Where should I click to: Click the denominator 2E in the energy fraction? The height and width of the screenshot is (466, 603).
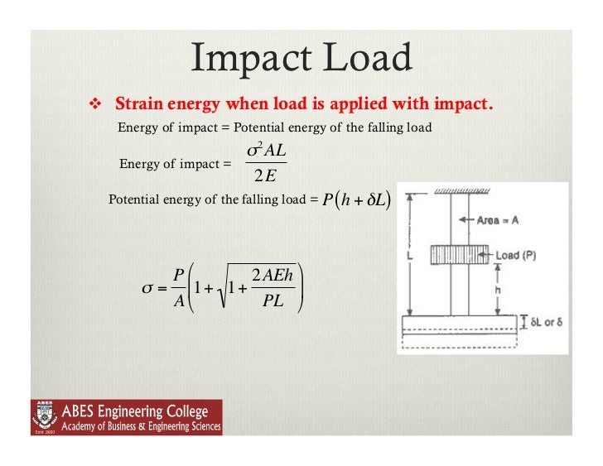[265, 175]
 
